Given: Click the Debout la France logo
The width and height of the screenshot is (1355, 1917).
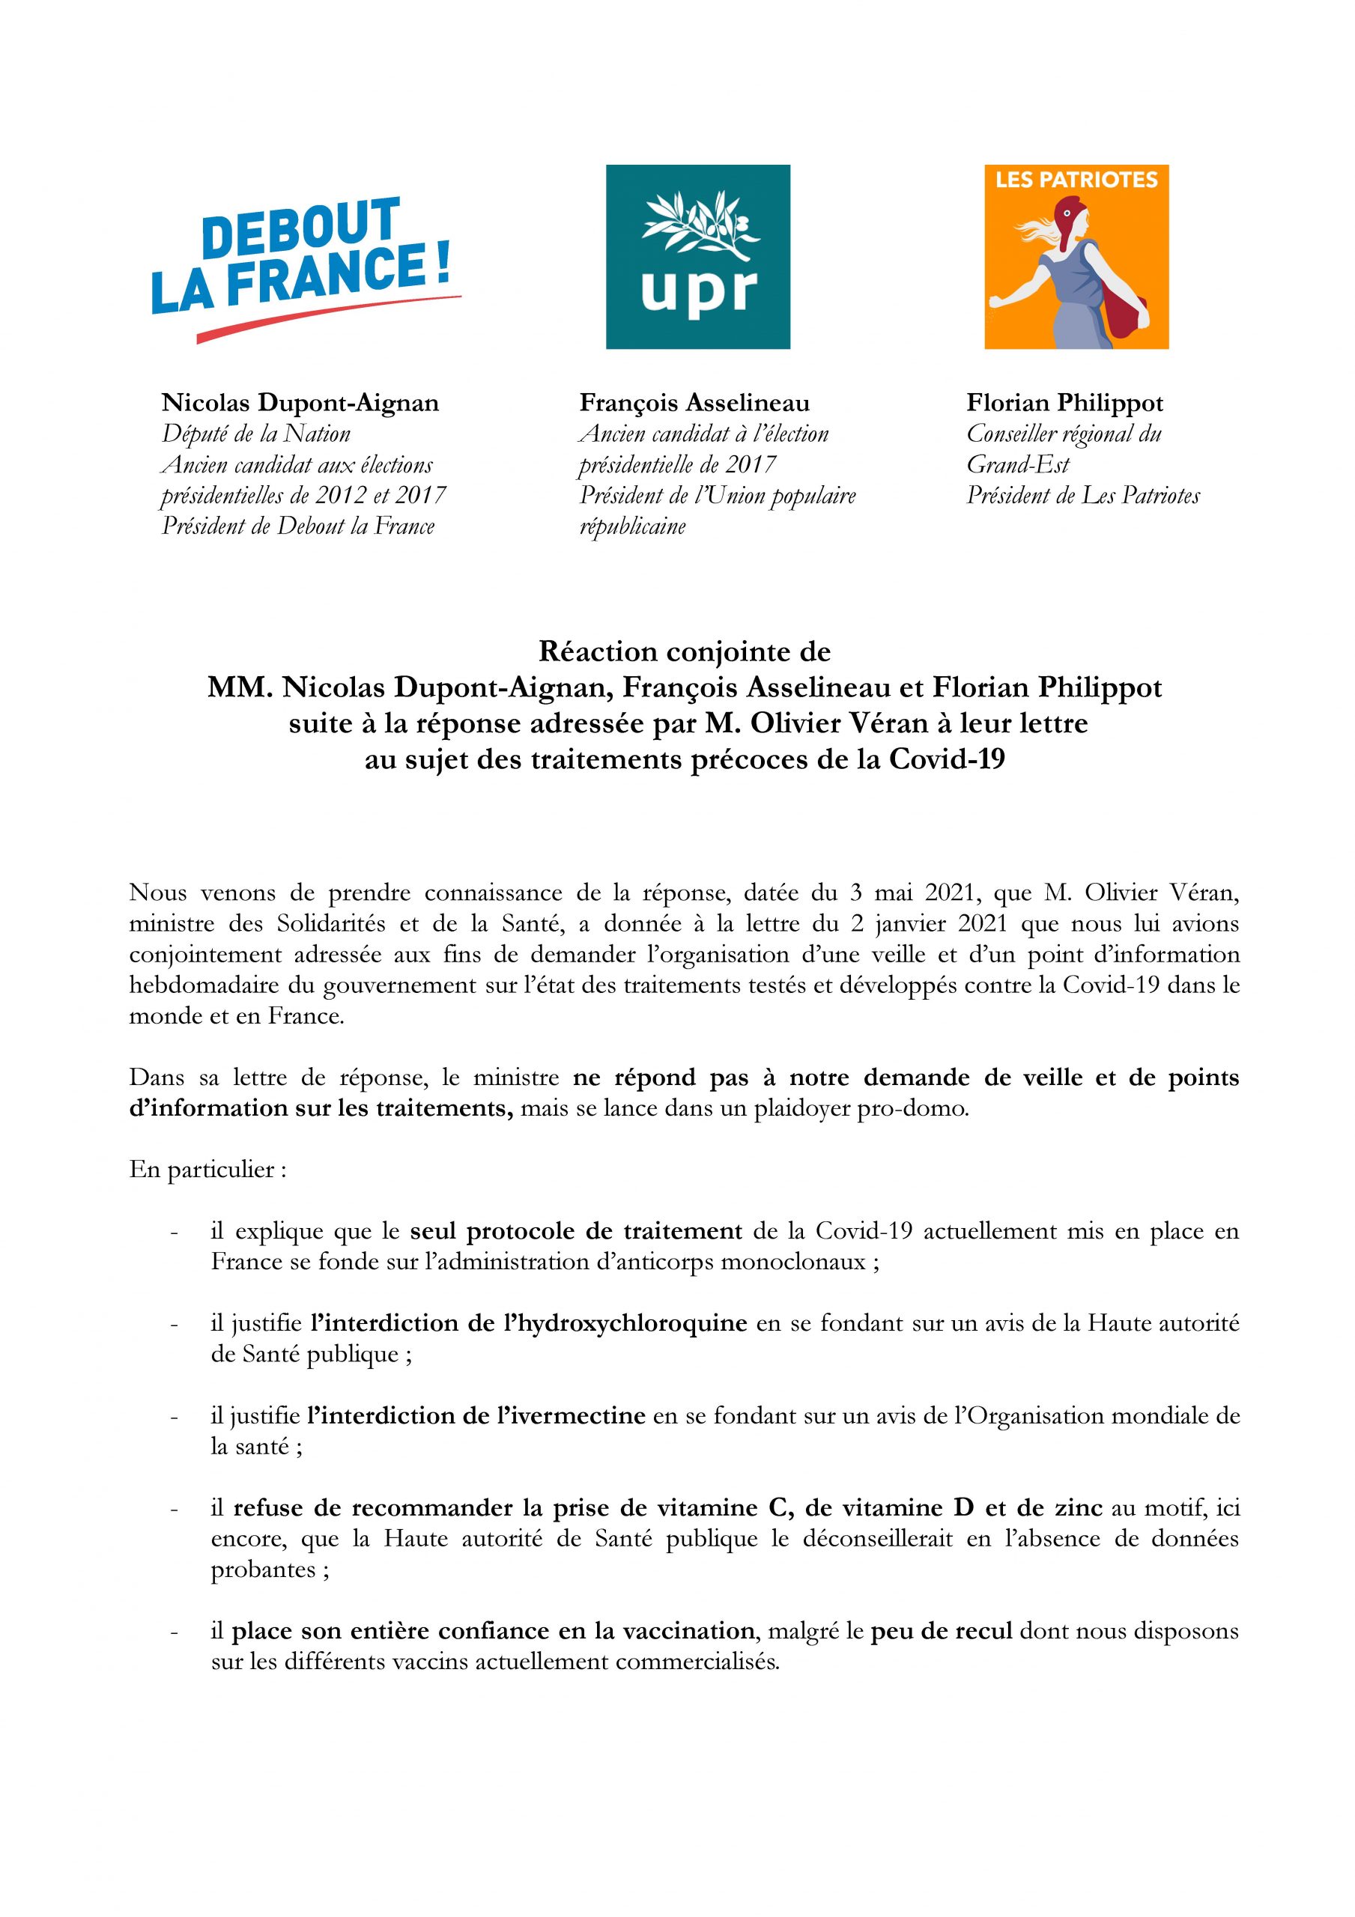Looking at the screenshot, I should [305, 267].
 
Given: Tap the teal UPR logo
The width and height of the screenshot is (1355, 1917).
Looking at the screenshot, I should [697, 256].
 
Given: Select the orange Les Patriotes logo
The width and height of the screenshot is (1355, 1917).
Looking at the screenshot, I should [1076, 256].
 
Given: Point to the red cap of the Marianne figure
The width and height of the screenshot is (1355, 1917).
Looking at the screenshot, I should [1073, 219].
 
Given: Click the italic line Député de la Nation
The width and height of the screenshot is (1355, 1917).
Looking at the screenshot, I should [255, 434].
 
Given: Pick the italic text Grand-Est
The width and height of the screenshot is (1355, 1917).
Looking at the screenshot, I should [1017, 465].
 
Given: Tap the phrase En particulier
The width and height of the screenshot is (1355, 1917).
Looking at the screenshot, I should [208, 1169].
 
